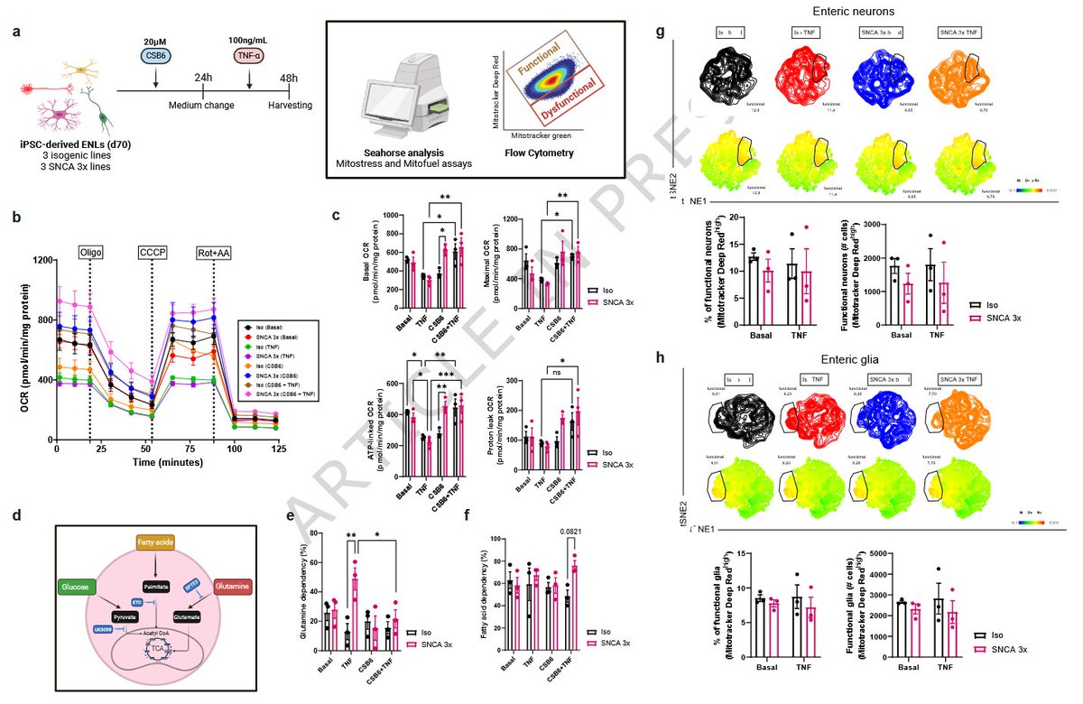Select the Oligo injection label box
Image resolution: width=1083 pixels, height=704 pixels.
point(90,251)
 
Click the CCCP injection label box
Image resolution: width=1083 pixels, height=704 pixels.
point(152,251)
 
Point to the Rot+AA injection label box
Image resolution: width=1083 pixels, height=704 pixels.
point(214,251)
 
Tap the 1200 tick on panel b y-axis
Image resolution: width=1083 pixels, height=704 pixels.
point(39,261)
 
